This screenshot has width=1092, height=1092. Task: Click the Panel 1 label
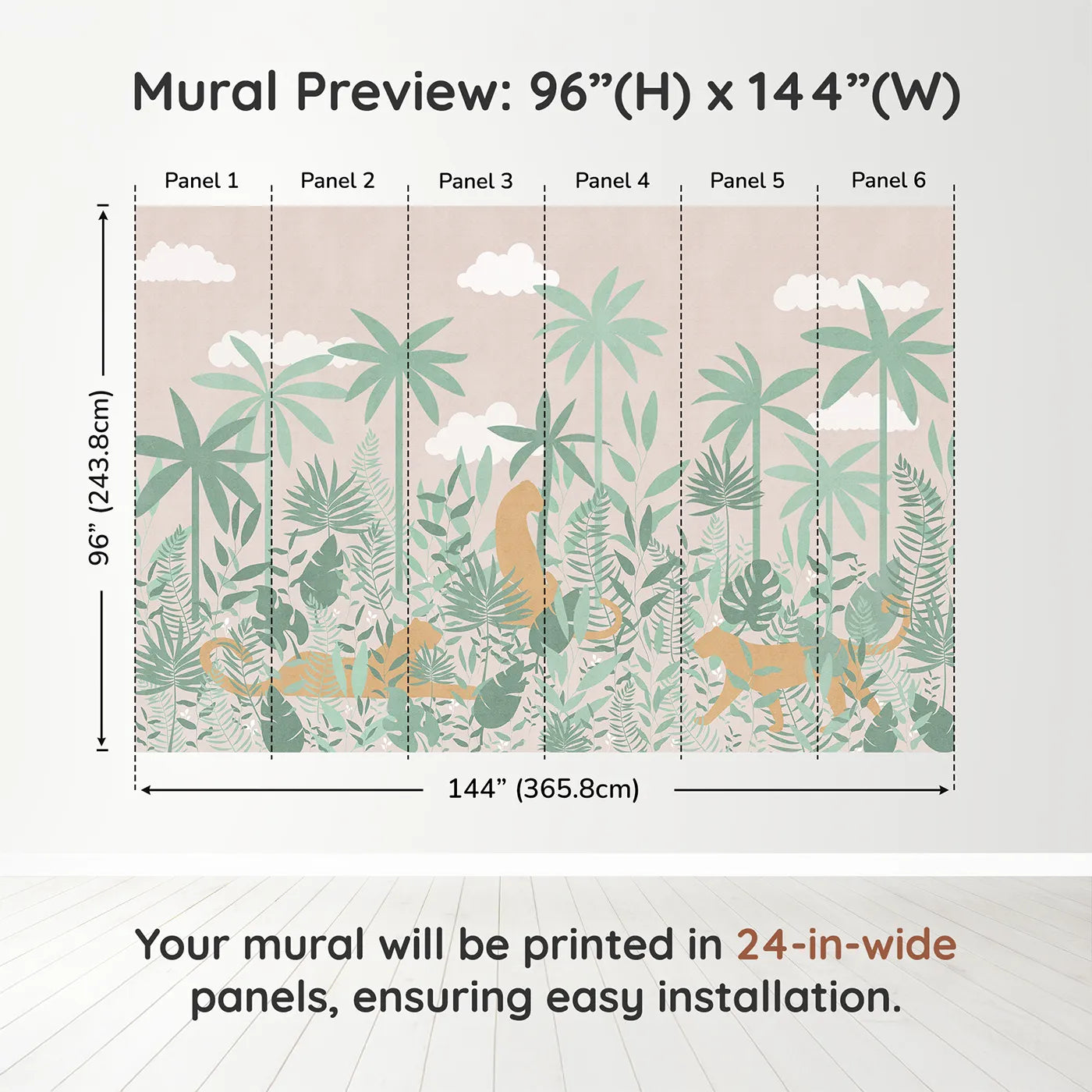pos(201,181)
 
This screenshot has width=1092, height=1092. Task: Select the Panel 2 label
pos(337,181)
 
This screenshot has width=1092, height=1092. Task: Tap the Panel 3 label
pos(476,181)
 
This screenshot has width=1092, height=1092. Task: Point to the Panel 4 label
pos(612,181)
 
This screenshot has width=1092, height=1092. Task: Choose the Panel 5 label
pos(747,181)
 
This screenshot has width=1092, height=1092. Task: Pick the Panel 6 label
pos(888,180)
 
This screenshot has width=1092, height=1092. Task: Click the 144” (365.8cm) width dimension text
pos(544,789)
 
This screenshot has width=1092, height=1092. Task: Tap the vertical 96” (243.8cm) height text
pos(100,477)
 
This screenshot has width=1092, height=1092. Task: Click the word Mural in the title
pos(204,91)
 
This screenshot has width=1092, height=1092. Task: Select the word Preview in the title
pos(403,92)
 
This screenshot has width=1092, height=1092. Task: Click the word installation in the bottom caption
pos(779,998)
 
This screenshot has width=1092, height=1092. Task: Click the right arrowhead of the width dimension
pos(944,790)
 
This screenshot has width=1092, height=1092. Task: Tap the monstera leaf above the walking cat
pos(749,594)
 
